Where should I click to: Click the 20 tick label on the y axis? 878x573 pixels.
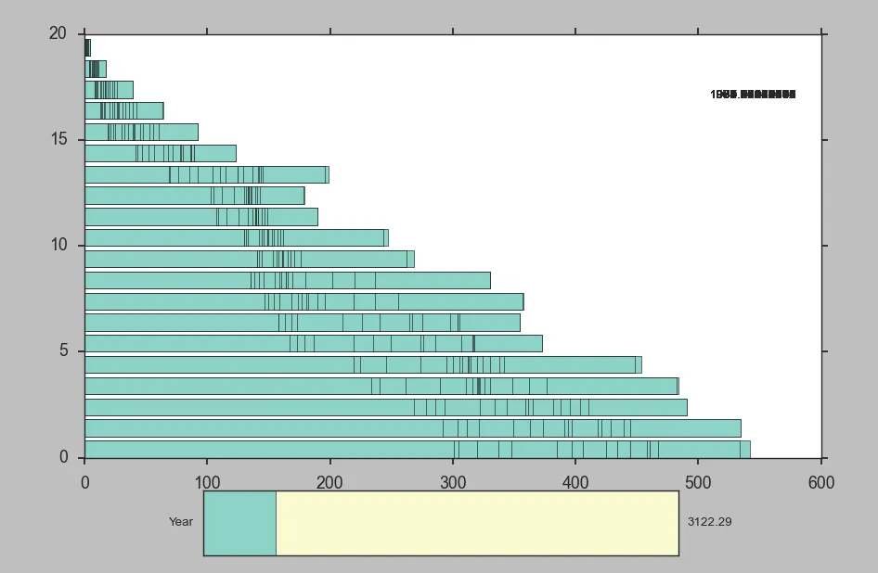coord(58,33)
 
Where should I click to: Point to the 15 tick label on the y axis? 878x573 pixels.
coord(58,139)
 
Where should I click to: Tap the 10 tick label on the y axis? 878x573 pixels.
coord(58,245)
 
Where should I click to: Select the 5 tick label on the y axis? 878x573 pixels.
coord(63,350)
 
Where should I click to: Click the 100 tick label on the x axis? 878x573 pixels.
coord(207,482)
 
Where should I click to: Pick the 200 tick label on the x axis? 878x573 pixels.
coord(329,482)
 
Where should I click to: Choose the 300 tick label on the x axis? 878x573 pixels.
coord(453,482)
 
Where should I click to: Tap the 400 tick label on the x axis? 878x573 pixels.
coord(575,482)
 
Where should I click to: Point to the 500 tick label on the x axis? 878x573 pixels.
coord(698,482)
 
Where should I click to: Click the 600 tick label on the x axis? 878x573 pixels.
coord(821,482)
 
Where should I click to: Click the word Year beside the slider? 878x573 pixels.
coord(181,522)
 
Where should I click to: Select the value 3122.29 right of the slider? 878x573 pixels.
coord(709,522)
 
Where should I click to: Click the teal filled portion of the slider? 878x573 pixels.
coord(239,523)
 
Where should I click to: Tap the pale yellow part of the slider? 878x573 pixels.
coord(477,523)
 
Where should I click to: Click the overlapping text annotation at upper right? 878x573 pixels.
coord(753,95)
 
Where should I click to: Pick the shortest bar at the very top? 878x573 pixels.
coord(87,47)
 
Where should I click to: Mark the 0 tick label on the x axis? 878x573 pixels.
coord(85,482)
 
